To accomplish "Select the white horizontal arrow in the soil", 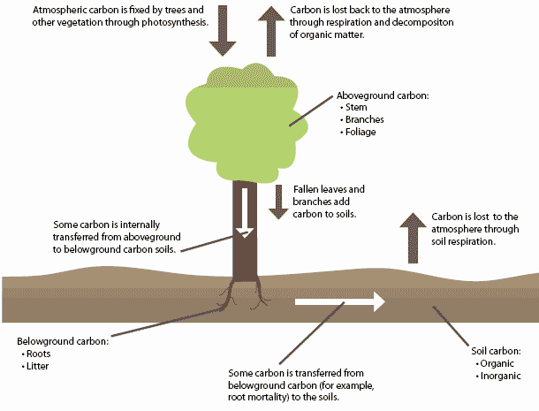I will (340, 301).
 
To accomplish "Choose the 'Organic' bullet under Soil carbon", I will (494, 363).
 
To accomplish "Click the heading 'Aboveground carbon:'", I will (383, 94).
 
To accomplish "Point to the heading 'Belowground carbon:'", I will (62, 340).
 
